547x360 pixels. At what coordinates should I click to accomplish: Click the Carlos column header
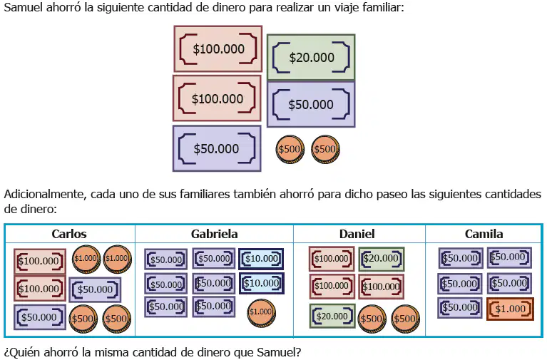(69, 234)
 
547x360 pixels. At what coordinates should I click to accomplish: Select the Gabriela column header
(214, 234)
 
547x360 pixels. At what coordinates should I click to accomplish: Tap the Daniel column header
(357, 234)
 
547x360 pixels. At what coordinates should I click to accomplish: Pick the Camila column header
(484, 234)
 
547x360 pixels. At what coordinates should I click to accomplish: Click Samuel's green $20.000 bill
(311, 58)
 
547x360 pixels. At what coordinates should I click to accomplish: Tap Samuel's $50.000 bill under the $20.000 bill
(311, 104)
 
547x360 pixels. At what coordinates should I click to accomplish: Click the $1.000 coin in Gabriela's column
(261, 312)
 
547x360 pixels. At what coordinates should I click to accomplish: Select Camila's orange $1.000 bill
(510, 309)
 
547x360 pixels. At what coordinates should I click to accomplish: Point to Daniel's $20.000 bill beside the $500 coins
(332, 316)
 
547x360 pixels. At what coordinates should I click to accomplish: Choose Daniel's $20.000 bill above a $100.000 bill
(382, 259)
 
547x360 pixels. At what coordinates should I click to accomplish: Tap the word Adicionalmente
(45, 194)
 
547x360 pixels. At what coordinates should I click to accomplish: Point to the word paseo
(392, 195)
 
